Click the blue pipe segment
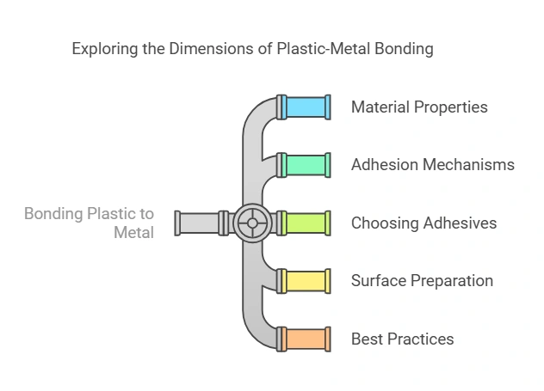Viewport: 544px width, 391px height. (306, 107)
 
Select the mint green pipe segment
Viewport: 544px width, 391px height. (306, 165)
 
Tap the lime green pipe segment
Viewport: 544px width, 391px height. (306, 223)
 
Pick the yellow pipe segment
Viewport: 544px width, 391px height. (306, 281)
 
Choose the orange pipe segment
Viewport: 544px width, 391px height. (306, 339)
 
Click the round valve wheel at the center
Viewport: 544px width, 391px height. (252, 223)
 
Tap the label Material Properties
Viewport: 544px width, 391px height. (419, 107)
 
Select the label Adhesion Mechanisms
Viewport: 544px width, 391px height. (433, 165)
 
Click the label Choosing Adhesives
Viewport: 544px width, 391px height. (423, 223)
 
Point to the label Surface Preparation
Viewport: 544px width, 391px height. (422, 281)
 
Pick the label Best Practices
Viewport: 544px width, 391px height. (402, 339)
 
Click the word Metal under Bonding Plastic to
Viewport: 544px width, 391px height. (134, 232)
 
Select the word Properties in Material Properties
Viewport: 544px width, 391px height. (452, 107)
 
